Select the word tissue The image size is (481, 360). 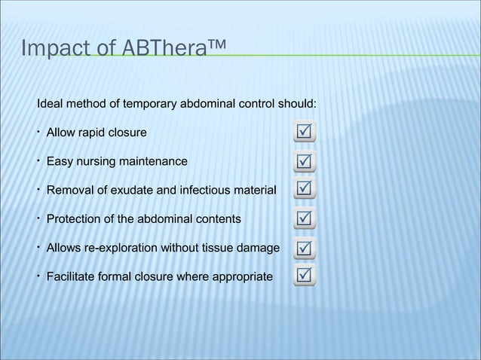click(214, 248)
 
